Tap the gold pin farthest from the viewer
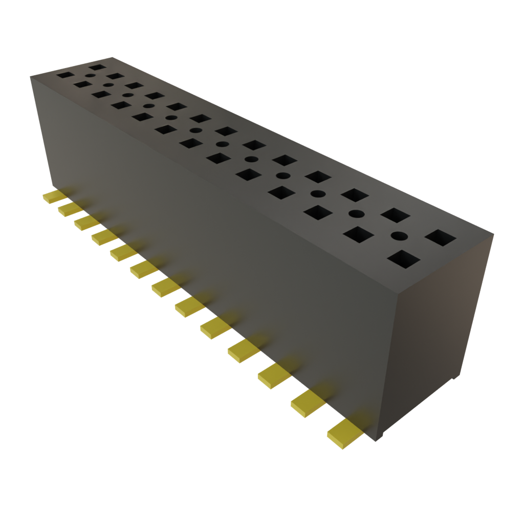point(52,197)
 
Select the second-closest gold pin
point(309,402)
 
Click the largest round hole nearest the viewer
point(399,236)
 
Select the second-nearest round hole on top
point(357,213)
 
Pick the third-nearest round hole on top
point(318,194)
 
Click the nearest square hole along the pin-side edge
point(403,259)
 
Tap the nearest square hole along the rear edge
point(440,238)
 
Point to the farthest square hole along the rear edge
point(96,67)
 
